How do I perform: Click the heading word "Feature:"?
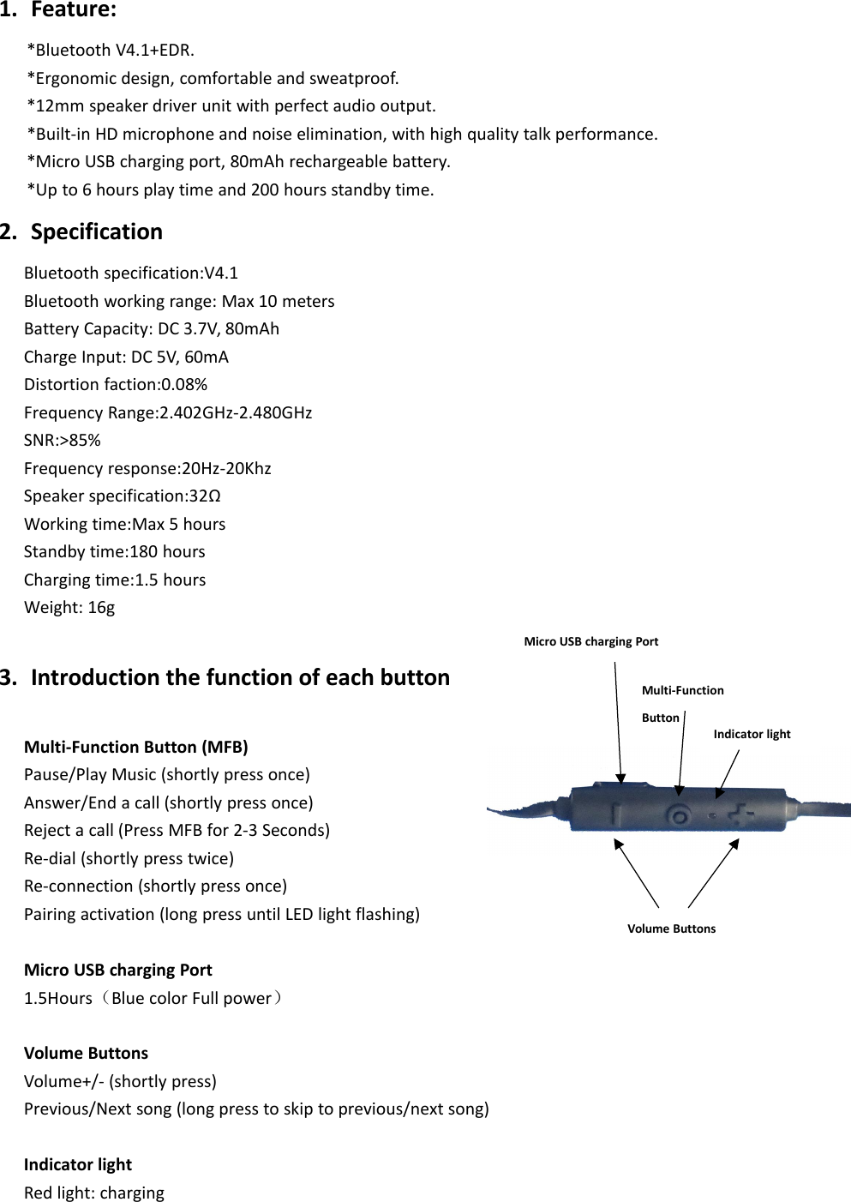(x=74, y=10)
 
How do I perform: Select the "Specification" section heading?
(x=96, y=232)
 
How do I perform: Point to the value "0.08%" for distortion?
(x=184, y=385)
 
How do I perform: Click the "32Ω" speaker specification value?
(x=205, y=496)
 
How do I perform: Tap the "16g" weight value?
(x=101, y=608)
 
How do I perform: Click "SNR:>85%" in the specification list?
(x=63, y=441)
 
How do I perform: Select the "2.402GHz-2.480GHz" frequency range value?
(x=236, y=413)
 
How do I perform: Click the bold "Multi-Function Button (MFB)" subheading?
(x=136, y=748)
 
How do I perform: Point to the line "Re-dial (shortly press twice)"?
(x=129, y=859)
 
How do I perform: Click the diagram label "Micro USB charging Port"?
(x=591, y=642)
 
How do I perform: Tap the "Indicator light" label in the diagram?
(x=752, y=735)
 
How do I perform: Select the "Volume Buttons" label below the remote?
(x=671, y=929)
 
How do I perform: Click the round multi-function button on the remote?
(x=680, y=815)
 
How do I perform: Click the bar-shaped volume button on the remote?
(x=615, y=814)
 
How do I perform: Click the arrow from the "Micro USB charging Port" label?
(x=618, y=720)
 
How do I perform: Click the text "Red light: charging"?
(x=94, y=1193)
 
